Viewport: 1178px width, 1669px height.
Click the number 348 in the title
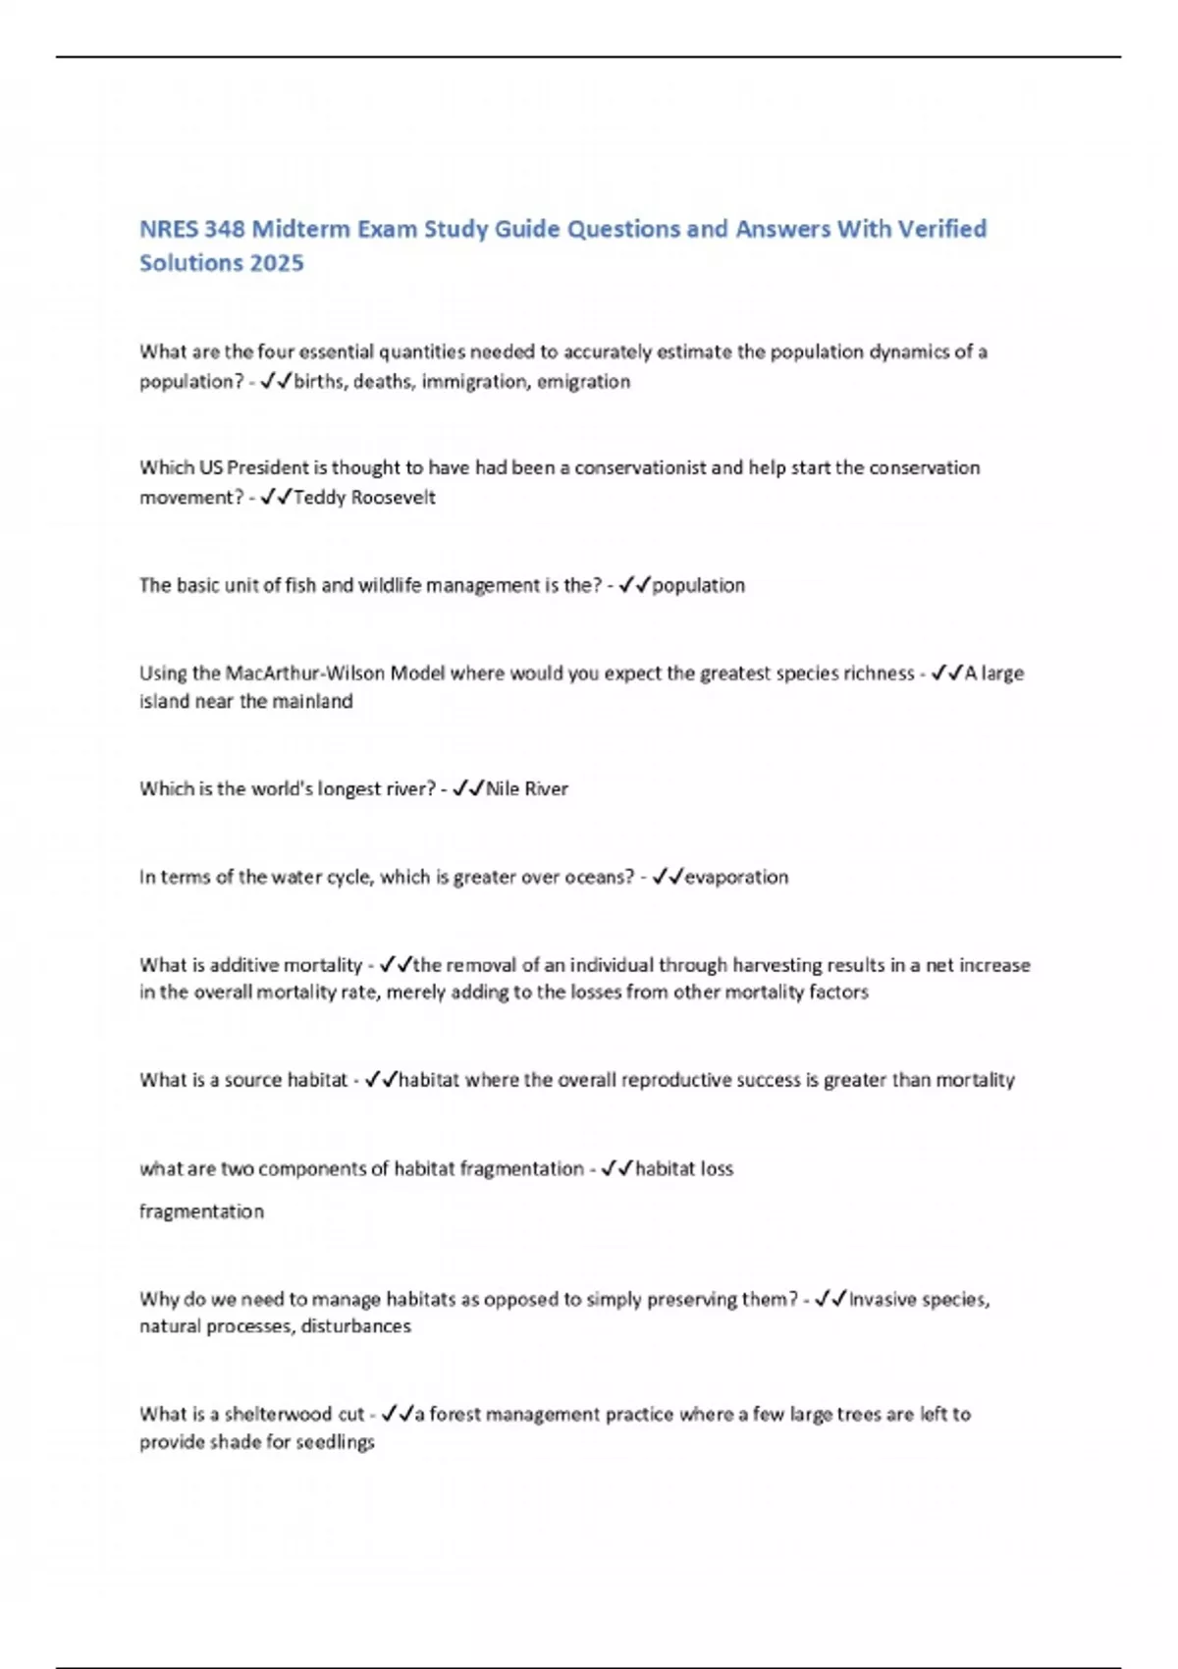[x=222, y=229]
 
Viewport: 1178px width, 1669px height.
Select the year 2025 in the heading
[x=277, y=263]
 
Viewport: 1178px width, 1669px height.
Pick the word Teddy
[x=320, y=497]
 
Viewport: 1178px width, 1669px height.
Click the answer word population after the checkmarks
[x=698, y=585]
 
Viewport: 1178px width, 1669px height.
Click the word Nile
[x=503, y=788]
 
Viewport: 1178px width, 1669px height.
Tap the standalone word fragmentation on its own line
[x=201, y=1211]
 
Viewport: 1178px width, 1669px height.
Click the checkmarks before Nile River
[x=468, y=788]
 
